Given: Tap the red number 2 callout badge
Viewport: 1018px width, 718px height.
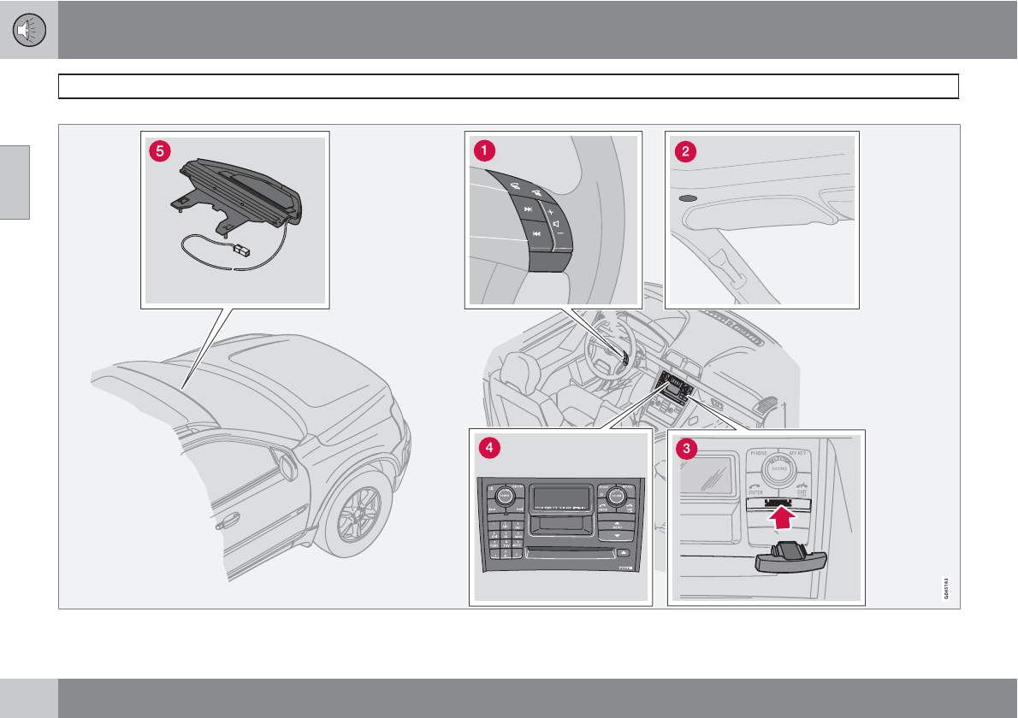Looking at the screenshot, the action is [684, 151].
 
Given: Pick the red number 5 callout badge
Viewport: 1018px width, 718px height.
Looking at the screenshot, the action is [157, 150].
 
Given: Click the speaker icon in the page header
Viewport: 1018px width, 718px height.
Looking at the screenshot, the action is [29, 30].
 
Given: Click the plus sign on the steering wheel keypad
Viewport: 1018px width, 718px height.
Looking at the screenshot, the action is [551, 209].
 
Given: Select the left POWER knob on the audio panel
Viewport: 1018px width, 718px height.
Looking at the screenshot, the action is [504, 495].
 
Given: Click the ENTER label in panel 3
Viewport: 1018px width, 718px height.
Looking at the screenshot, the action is [755, 493].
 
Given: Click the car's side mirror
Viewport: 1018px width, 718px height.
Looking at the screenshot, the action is [287, 465].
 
